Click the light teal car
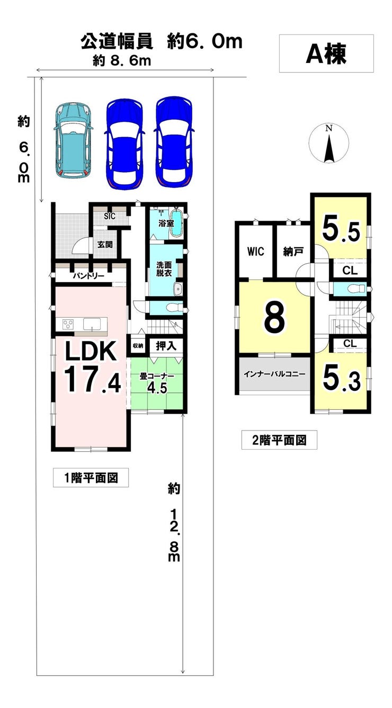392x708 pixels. pyautogui.click(x=74, y=139)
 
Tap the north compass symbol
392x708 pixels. pyautogui.click(x=329, y=144)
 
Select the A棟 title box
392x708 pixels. pyautogui.click(x=326, y=53)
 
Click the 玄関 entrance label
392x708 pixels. pyautogui.click(x=105, y=245)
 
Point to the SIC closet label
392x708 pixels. pyautogui.click(x=110, y=216)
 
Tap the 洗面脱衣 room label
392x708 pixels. pyautogui.click(x=163, y=268)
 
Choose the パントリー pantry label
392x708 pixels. pyautogui.click(x=88, y=276)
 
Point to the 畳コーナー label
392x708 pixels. pyautogui.click(x=157, y=377)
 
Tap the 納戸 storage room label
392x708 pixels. pyautogui.click(x=292, y=252)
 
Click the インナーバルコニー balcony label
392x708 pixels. pyautogui.click(x=274, y=374)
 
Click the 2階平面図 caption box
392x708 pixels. pyautogui.click(x=279, y=440)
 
